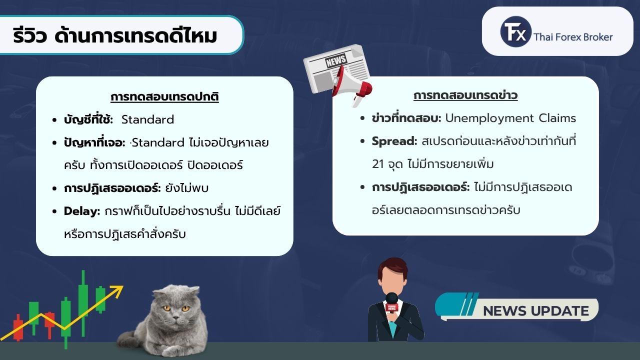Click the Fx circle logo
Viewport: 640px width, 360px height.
click(515, 31)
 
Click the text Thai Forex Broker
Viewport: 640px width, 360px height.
click(573, 37)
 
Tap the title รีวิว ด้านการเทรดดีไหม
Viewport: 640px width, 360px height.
click(115, 35)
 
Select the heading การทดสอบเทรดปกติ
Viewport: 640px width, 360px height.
click(164, 96)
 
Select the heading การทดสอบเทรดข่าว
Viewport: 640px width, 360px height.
click(465, 95)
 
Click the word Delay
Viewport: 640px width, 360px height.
click(81, 211)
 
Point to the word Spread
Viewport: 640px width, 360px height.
click(394, 141)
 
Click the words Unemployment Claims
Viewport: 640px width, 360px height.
click(510, 118)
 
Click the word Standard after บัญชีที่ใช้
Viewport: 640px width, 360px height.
click(147, 119)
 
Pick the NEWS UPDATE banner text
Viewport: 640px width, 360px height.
click(536, 311)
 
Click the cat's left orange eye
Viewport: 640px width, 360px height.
click(167, 308)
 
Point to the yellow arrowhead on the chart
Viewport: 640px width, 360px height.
click(117, 290)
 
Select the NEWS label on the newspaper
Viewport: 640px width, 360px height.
click(336, 60)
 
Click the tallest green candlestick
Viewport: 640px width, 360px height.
click(83, 303)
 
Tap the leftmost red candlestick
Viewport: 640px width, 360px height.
click(18, 327)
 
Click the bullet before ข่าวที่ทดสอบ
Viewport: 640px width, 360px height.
click(362, 118)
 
